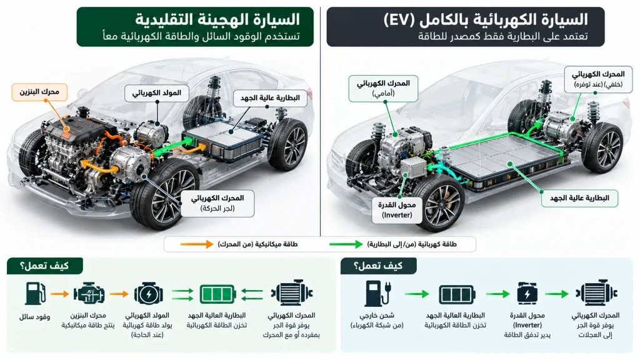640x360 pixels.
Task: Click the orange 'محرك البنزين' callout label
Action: tap(39, 91)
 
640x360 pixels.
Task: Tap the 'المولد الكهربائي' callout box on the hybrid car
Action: tap(157, 93)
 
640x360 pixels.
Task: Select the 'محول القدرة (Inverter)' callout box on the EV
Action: tap(397, 210)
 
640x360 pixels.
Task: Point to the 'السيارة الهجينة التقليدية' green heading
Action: tap(217, 19)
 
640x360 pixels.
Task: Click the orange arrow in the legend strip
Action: tap(197, 244)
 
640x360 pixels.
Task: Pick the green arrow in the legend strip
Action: tap(346, 244)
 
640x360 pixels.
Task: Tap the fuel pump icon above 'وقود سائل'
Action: tap(35, 294)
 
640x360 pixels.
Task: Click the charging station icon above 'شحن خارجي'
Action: tap(377, 294)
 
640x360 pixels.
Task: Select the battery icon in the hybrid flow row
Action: tap(217, 294)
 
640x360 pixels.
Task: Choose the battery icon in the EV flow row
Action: tap(457, 294)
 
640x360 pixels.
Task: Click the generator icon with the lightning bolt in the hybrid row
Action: tap(149, 294)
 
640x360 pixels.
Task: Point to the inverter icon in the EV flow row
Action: tap(527, 294)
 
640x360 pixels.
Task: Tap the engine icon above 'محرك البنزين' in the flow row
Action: tap(89, 294)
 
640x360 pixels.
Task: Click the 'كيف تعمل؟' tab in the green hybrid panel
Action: tap(45, 266)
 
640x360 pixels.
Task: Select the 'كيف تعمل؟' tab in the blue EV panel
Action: tap(378, 266)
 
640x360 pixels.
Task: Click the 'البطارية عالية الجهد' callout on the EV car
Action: tap(579, 198)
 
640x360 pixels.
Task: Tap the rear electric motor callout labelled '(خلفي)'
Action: tap(598, 79)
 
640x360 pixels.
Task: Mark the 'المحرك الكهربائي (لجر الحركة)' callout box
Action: tap(217, 203)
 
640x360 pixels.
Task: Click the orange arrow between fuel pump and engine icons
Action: tap(59, 294)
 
